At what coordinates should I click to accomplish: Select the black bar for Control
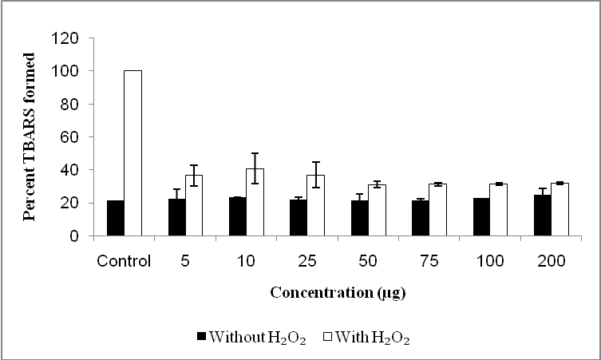[x=116, y=219]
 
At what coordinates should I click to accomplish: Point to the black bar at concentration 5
[x=176, y=218]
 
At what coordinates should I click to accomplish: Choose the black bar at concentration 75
[x=420, y=219]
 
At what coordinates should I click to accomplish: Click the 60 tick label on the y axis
[x=69, y=137]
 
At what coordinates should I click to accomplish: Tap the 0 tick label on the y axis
[x=73, y=236]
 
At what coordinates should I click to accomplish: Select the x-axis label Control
[x=124, y=261]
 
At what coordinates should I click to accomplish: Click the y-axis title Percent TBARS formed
[x=30, y=137]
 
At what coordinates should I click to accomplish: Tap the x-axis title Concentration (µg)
[x=338, y=293]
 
